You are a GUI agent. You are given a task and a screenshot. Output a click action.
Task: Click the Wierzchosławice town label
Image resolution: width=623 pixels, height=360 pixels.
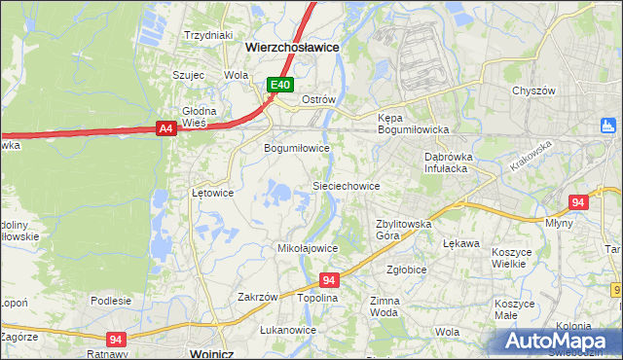292,46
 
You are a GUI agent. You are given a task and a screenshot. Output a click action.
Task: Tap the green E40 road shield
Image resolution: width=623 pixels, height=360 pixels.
280,85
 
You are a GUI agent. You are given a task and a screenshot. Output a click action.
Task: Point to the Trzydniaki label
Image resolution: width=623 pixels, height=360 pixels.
209,35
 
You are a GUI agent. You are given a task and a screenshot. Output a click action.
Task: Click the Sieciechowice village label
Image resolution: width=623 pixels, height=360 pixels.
345,185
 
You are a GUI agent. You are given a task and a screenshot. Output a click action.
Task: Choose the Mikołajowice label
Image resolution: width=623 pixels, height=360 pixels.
308,248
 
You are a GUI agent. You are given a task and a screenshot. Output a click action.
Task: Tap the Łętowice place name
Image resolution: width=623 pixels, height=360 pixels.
212,193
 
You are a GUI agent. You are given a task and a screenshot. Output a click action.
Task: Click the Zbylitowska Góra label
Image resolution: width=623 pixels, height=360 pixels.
403,230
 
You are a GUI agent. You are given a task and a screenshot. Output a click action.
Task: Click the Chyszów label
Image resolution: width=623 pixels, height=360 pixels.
533,90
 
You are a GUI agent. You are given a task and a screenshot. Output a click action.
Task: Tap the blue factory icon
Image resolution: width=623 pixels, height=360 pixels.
609,125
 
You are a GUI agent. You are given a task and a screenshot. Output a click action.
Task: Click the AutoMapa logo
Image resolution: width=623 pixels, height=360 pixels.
558,341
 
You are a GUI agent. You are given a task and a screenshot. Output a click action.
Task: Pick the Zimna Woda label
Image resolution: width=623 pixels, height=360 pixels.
384,307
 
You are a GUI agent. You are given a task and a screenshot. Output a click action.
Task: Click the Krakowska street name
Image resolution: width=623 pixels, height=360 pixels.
530,157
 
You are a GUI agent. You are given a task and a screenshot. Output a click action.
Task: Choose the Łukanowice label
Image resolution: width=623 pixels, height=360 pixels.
288,330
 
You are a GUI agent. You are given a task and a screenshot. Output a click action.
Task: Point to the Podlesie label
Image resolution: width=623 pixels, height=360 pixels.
111,301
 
